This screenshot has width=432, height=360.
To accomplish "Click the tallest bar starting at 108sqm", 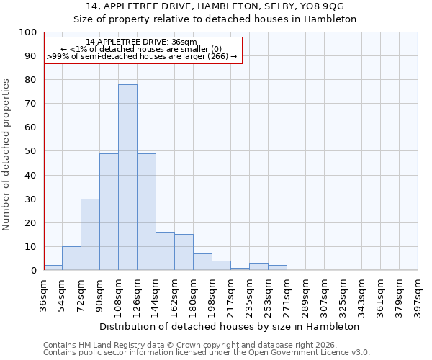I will tap(127, 177).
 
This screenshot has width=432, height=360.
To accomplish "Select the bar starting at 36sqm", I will tap(53, 267).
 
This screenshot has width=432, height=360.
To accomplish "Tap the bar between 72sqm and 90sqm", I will tap(90, 235).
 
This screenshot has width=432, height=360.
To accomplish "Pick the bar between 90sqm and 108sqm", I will tap(109, 212).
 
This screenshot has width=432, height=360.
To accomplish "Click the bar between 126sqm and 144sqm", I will tap(146, 212).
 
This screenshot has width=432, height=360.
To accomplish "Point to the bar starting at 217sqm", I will tap(240, 269).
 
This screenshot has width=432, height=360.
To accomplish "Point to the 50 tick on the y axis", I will tap(30, 151).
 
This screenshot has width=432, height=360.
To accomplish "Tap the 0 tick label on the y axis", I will tap(32, 270).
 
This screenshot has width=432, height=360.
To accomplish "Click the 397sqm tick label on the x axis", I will tap(418, 295).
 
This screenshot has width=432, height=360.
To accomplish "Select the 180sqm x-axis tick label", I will tap(194, 295).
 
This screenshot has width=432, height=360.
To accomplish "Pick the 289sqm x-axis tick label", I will tap(306, 295).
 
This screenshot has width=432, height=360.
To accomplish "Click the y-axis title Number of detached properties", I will tap(6, 155).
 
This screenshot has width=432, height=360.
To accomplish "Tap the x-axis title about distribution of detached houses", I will tap(230, 326).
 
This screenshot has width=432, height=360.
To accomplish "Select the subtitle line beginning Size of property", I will tap(216, 19).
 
